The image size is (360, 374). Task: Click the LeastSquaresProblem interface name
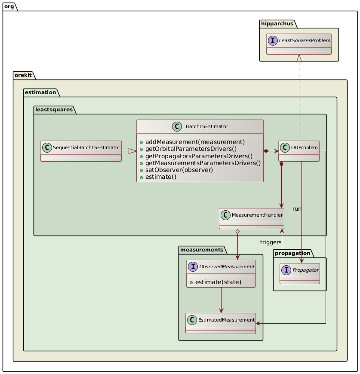[x=305, y=40]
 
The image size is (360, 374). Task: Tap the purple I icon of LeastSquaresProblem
[x=274, y=40]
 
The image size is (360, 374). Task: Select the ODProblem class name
[x=304, y=148]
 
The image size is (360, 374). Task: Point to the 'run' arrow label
[x=297, y=208]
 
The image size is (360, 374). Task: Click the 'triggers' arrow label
[x=271, y=242]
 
